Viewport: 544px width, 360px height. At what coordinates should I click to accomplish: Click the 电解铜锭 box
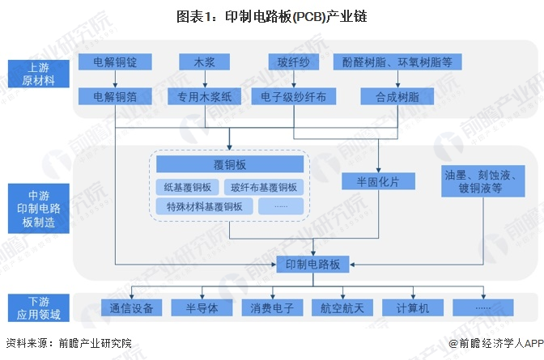click(x=115, y=62)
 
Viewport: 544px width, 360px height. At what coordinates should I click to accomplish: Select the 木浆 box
click(x=204, y=62)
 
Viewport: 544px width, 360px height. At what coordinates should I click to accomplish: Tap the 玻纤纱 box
click(x=294, y=62)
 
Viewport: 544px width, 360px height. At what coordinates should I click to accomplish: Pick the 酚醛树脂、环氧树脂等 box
click(x=397, y=62)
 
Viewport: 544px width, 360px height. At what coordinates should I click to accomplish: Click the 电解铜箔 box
click(x=115, y=96)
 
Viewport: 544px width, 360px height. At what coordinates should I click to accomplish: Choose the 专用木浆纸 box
click(x=204, y=96)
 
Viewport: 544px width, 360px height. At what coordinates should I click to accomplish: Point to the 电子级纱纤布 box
click(x=294, y=96)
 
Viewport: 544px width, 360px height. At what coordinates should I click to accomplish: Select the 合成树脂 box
click(x=397, y=96)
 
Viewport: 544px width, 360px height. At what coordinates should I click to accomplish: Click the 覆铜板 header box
click(x=230, y=164)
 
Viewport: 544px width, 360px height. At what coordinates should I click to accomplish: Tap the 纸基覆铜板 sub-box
click(x=187, y=188)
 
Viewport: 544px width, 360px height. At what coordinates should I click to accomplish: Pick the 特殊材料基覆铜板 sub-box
click(x=204, y=207)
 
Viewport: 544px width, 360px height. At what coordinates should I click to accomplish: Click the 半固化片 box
click(x=378, y=181)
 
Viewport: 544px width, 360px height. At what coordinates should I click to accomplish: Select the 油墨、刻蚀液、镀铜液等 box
click(x=483, y=181)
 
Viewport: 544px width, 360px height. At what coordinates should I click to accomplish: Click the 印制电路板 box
click(x=312, y=265)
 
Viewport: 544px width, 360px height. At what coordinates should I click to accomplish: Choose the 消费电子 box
click(x=272, y=307)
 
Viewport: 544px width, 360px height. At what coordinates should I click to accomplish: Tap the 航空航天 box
click(x=342, y=307)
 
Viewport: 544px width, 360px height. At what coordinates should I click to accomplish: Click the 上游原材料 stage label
click(x=39, y=74)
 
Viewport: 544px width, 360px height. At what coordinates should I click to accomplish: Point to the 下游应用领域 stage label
click(x=39, y=308)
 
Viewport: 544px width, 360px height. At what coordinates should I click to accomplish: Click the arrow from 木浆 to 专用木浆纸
click(x=205, y=79)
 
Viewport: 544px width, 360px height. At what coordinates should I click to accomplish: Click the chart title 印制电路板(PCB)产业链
click(x=272, y=16)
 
